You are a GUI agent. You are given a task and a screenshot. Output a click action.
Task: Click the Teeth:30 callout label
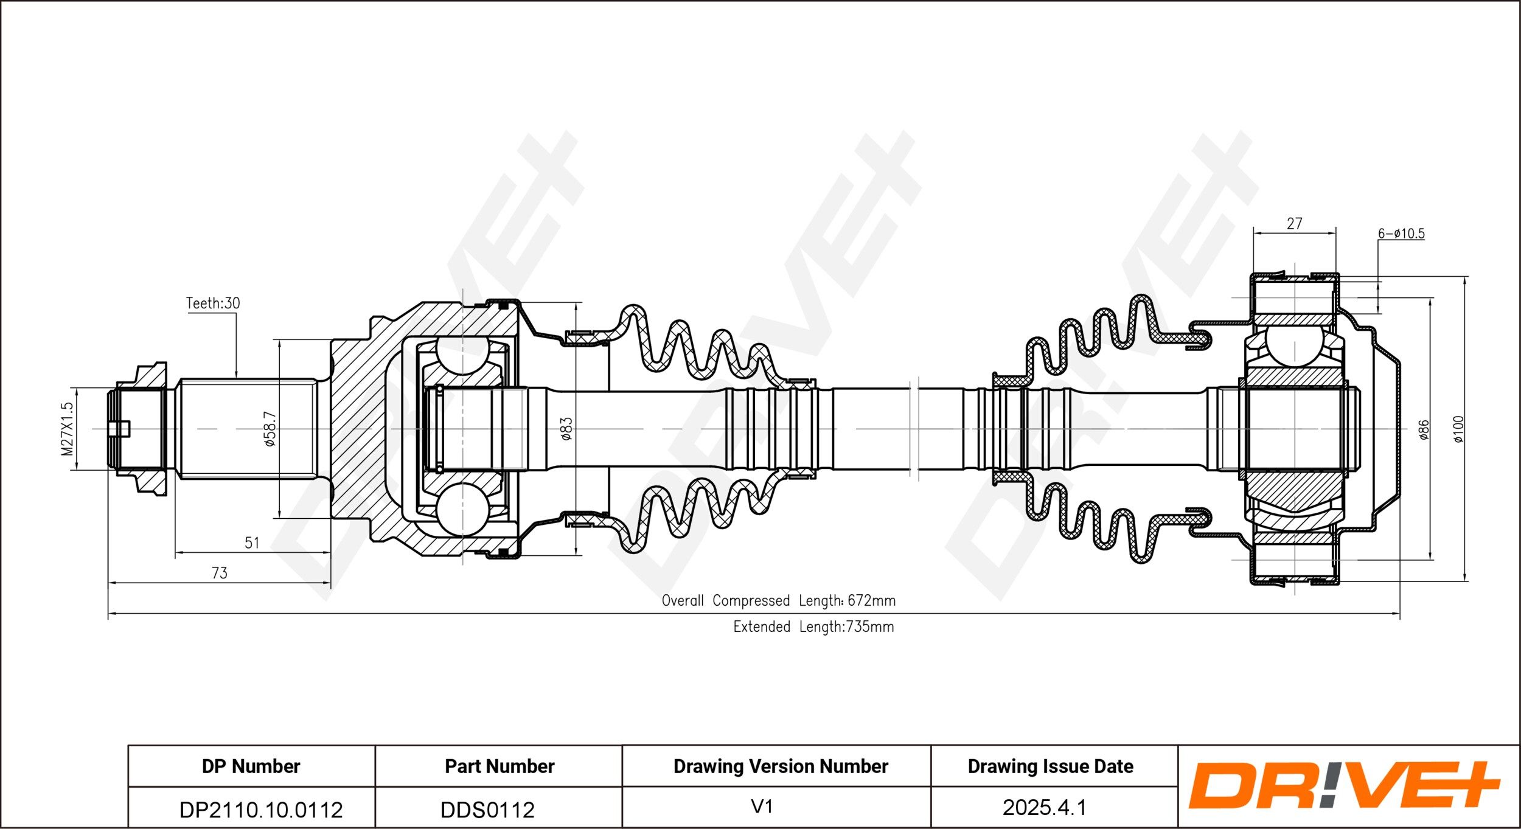[x=213, y=303]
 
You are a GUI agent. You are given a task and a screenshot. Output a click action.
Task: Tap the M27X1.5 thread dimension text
[x=67, y=429]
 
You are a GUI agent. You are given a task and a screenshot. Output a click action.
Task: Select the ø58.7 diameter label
[x=270, y=429]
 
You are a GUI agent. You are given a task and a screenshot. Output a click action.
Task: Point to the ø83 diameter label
[x=566, y=429]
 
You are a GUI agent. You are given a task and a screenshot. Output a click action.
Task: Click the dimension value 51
[x=252, y=543]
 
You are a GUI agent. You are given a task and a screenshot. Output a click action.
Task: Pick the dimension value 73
[x=219, y=573]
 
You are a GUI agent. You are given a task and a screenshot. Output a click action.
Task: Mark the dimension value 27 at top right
[x=1295, y=224]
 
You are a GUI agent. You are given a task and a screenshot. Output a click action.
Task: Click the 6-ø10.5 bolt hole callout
[x=1401, y=234]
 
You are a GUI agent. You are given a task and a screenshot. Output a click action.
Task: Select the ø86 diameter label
[x=1423, y=429]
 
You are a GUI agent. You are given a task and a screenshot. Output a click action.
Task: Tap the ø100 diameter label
[x=1459, y=429]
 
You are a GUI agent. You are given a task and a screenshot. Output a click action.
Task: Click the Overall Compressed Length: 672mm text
[x=779, y=601]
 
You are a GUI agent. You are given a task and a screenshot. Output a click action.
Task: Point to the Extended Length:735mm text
[x=813, y=627]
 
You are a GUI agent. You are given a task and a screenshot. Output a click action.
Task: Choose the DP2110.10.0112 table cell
[x=261, y=810]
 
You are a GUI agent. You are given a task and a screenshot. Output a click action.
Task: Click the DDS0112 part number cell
[x=487, y=810]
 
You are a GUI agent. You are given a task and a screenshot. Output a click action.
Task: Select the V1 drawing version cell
[x=762, y=807]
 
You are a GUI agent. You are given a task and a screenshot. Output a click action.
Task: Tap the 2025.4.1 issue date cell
[x=1044, y=808]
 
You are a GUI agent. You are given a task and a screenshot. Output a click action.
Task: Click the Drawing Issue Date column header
[x=1050, y=766]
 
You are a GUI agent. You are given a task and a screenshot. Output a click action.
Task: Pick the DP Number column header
[x=251, y=766]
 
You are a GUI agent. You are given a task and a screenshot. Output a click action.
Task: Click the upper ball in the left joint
[x=463, y=355]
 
